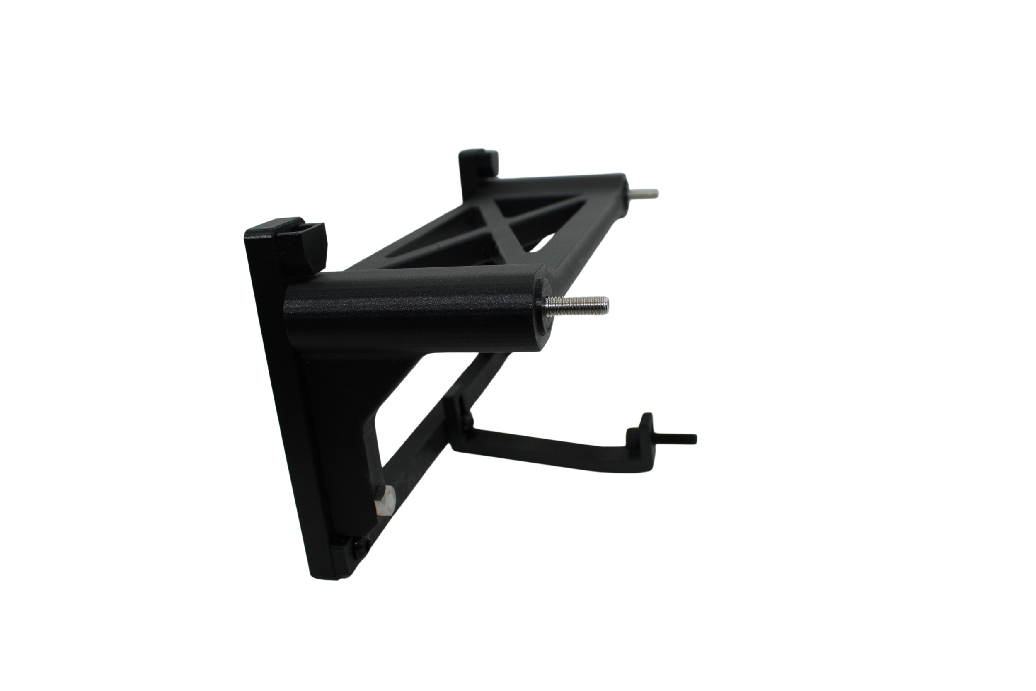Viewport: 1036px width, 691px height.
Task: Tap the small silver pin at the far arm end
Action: pos(644,193)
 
